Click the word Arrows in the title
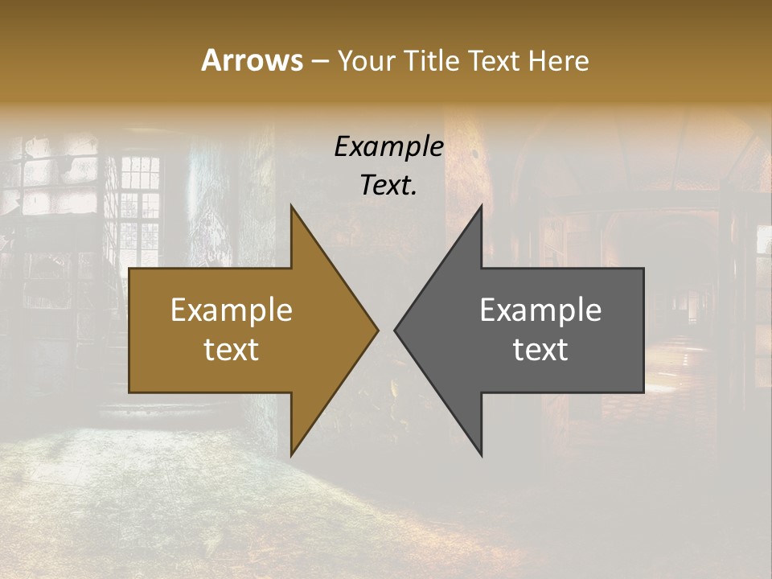pyautogui.click(x=252, y=60)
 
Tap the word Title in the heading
pyautogui.click(x=433, y=60)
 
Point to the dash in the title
pyautogui.click(x=319, y=61)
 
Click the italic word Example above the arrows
pyautogui.click(x=388, y=146)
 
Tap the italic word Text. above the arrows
pyautogui.click(x=388, y=185)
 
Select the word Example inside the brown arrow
pyautogui.click(x=232, y=310)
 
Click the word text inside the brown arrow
pyautogui.click(x=232, y=349)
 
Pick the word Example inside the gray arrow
pyautogui.click(x=540, y=310)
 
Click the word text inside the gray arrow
pyautogui.click(x=540, y=349)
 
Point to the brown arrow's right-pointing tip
pyautogui.click(x=377, y=330)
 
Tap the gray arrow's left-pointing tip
pyautogui.click(x=395, y=330)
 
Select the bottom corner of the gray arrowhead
pyautogui.click(x=481, y=455)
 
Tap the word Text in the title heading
pyautogui.click(x=492, y=60)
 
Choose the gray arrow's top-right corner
pyautogui.click(x=643, y=269)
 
